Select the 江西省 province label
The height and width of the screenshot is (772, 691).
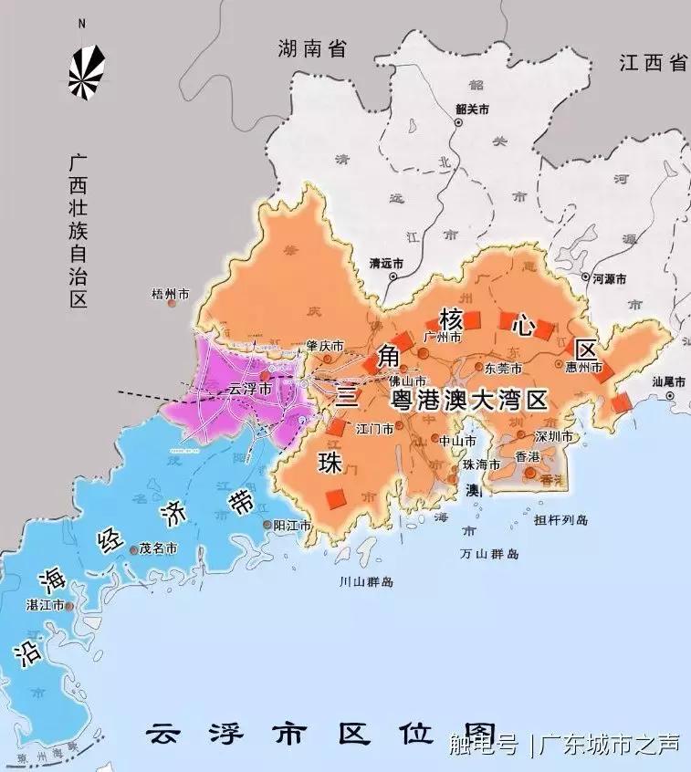[653, 63]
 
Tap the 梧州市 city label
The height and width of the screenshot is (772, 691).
[171, 295]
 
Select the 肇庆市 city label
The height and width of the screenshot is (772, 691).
[326, 347]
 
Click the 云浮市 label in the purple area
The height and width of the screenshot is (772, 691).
[249, 389]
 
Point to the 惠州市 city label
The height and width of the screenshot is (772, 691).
[583, 368]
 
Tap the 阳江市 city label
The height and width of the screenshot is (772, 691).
[293, 527]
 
